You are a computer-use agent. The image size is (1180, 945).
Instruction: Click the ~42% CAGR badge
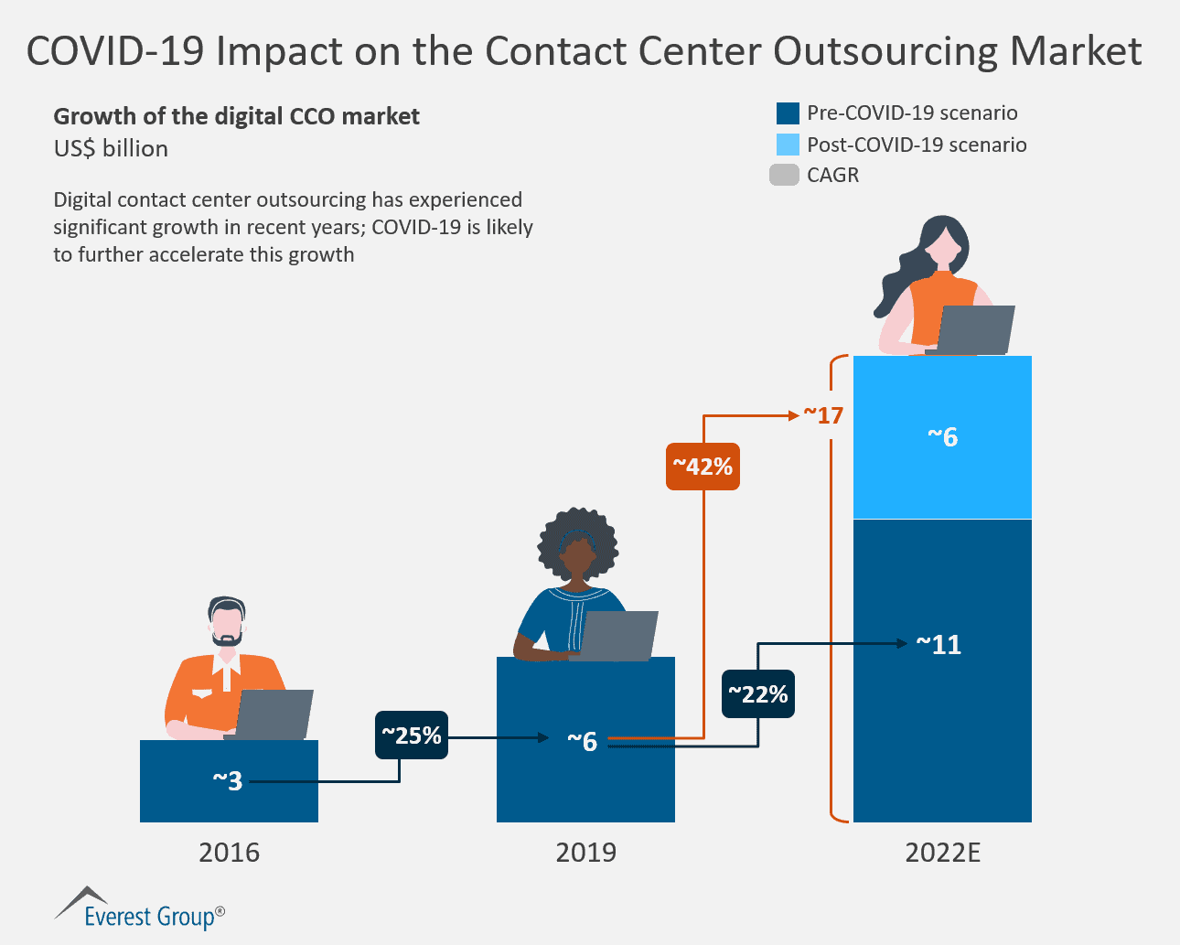tap(703, 467)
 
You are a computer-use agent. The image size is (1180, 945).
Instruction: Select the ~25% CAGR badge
tap(412, 736)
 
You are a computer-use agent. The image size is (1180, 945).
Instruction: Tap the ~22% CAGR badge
tap(757, 694)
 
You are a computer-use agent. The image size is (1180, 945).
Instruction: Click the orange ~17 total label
tap(823, 415)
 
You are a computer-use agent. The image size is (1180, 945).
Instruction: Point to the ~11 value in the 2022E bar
tap(939, 645)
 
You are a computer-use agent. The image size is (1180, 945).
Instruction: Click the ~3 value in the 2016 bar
tap(228, 780)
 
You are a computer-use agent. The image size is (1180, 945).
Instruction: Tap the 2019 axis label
tap(585, 853)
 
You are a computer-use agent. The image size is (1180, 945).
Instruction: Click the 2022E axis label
tap(942, 853)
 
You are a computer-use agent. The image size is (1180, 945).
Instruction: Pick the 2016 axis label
tap(229, 853)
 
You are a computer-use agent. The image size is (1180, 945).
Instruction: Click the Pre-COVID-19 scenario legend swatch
tap(788, 113)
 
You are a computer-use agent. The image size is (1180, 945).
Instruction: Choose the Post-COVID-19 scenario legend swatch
tap(788, 145)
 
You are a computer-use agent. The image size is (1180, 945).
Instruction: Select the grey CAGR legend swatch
tap(784, 175)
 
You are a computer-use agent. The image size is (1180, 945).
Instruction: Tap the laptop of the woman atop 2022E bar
tap(975, 329)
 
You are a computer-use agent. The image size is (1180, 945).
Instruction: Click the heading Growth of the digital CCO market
tap(236, 116)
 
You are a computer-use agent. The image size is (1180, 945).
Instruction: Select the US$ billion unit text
tap(111, 148)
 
